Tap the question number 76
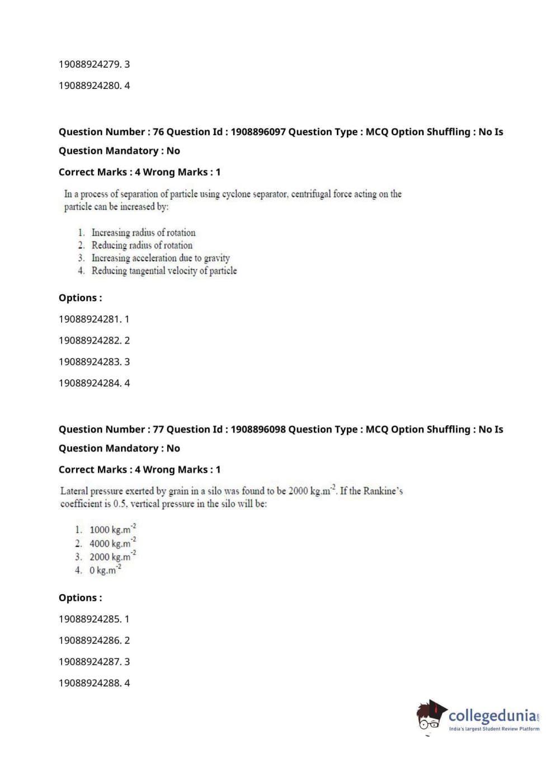click(x=158, y=132)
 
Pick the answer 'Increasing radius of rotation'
click(x=143, y=233)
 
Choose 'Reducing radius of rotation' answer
click(x=142, y=245)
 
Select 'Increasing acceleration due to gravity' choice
click(x=161, y=258)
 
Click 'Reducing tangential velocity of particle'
click(x=164, y=271)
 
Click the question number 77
click(x=158, y=429)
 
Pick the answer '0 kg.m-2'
click(x=105, y=570)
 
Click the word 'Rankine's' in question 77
click(x=383, y=491)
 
